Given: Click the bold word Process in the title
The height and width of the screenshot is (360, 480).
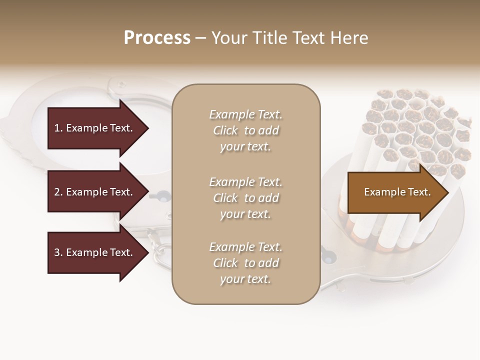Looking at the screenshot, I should [x=157, y=38].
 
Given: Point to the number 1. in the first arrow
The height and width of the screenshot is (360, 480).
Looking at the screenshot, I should [x=58, y=128].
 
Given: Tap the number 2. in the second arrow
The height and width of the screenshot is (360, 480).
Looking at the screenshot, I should [x=58, y=192].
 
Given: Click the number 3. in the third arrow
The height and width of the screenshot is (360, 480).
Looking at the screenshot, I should [x=58, y=252].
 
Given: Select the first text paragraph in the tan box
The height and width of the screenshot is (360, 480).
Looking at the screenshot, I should [x=245, y=130].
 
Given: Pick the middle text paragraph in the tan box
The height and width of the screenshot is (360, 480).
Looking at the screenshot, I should [x=245, y=198].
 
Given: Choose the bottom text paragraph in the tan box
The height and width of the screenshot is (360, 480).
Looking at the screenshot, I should [x=245, y=263].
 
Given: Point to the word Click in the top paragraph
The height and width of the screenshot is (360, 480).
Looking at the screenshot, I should [x=225, y=130].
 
